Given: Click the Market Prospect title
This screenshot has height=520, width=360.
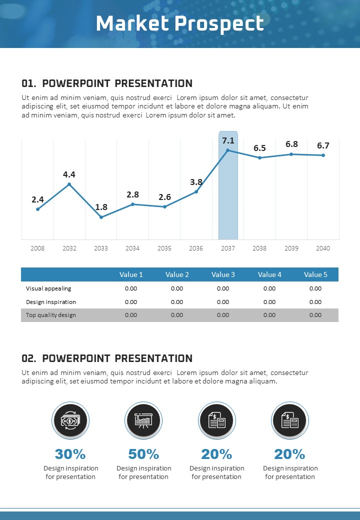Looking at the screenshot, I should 179,23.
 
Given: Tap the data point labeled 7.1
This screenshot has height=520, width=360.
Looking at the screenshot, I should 228,150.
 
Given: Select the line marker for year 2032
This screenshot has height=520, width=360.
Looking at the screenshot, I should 69,184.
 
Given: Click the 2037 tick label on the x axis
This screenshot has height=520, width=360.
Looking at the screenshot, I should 228,248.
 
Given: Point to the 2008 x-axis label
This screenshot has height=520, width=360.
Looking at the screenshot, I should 37,248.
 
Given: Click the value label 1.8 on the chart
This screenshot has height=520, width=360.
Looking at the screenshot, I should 101,207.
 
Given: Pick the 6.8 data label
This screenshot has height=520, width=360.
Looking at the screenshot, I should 291,144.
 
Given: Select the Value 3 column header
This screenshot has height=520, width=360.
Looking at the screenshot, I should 223,274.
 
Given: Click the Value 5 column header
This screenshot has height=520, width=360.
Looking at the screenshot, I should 315,274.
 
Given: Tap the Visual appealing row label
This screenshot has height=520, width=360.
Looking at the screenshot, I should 48,288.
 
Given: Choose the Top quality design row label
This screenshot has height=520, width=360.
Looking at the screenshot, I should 51,315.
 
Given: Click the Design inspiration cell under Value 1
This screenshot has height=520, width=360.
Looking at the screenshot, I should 131,302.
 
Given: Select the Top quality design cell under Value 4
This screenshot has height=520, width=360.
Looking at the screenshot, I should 269,315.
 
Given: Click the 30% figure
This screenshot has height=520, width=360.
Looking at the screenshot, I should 70,454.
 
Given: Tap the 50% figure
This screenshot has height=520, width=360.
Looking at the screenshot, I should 143,454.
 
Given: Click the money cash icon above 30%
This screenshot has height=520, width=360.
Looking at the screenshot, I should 70,420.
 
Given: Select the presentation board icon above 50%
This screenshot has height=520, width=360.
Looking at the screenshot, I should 143,420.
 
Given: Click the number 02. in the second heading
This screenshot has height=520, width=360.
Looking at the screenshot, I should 29,358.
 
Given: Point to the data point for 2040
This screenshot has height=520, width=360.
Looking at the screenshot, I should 323,155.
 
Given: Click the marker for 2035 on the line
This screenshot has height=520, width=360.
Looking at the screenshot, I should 164,206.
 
